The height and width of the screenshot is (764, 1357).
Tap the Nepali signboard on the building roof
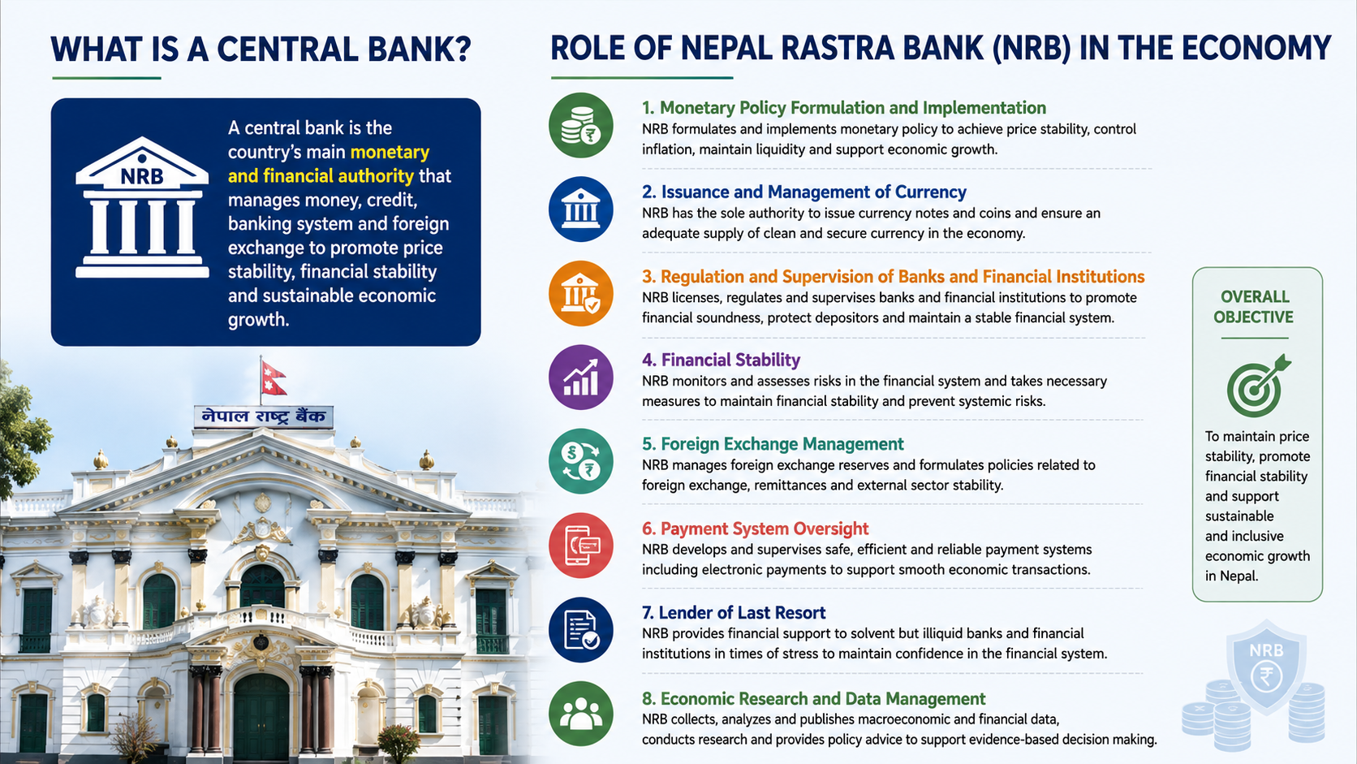264,417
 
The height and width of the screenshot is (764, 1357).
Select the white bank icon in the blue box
142,207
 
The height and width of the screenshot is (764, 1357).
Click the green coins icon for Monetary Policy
581,125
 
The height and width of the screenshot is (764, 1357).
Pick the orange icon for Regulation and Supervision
581,293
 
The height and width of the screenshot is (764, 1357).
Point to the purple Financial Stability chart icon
581,378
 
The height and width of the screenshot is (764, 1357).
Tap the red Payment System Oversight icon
581,546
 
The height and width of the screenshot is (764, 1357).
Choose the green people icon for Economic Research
581,714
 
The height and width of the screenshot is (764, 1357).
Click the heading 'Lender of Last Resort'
734,612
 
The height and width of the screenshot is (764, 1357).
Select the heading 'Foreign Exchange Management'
773,444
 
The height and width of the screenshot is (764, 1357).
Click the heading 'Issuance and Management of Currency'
804,192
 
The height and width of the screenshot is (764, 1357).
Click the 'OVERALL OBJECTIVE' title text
1254,307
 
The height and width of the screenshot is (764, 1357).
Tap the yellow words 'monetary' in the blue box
390,152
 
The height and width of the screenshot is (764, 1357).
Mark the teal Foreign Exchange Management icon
581,462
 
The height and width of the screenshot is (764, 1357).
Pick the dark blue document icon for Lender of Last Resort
581,629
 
